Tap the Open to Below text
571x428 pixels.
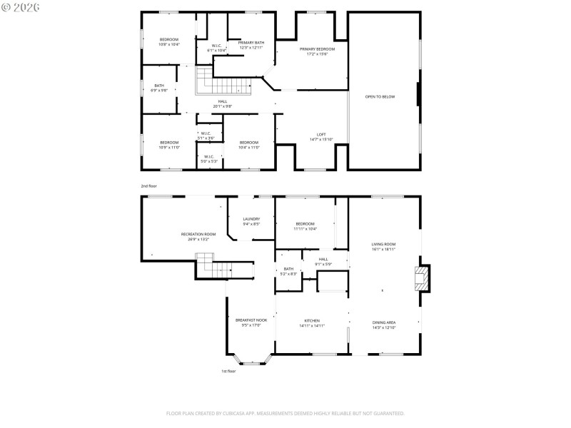tap(380, 96)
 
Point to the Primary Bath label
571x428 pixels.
tap(251, 43)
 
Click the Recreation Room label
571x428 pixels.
tap(198, 234)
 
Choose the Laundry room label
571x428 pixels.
tap(251, 219)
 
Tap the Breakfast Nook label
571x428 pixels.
tap(251, 320)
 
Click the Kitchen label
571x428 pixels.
tap(312, 321)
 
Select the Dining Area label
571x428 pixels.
tap(384, 322)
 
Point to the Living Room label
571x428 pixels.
tap(383, 245)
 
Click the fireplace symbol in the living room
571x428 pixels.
tap(423, 278)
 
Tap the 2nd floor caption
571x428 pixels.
tap(148, 185)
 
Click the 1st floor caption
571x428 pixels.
tap(228, 371)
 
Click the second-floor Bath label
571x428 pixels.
tap(159, 86)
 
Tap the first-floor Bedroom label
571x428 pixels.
tap(305, 223)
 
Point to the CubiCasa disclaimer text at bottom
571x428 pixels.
tap(285, 413)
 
